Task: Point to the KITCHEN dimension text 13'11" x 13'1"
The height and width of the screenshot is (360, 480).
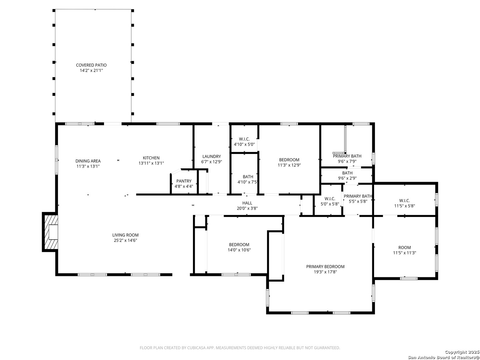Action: pos(151,163)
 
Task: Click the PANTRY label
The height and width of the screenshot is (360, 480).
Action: pos(184,181)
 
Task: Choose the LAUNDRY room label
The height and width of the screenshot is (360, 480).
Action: pos(211,157)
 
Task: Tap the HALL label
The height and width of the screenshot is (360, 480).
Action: pos(247,203)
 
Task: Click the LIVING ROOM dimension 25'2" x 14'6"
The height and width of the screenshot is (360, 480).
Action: pos(125,240)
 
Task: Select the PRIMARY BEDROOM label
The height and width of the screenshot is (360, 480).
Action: pos(325,267)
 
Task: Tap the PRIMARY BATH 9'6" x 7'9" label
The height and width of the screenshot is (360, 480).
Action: pos(347,159)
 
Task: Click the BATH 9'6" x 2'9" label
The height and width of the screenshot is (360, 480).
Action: pos(347,176)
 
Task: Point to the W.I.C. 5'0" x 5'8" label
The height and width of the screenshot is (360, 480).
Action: pos(330,201)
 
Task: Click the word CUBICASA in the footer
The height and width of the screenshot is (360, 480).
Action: pos(196,348)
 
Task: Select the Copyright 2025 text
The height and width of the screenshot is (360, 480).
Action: pos(462,352)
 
